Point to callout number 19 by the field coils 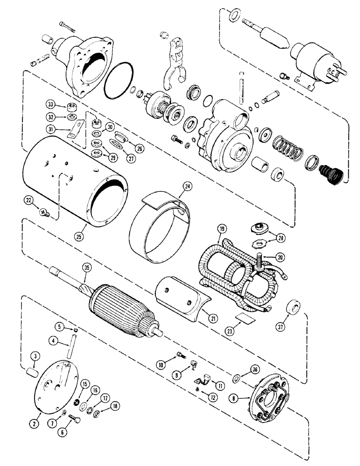pos(222,229)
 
